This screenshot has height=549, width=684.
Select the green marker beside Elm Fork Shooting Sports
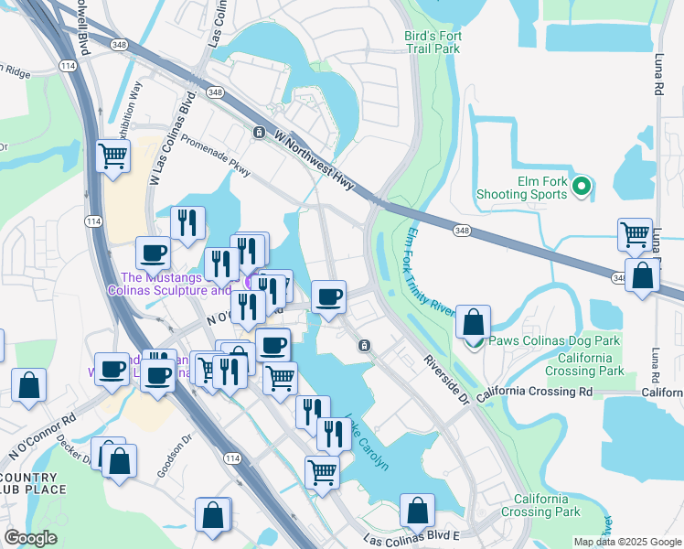[581, 186]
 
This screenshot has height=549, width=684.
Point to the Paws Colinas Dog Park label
[553, 340]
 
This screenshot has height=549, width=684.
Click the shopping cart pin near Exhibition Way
[113, 156]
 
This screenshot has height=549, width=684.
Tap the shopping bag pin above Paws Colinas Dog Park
[473, 322]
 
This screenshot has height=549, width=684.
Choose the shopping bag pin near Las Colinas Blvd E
[417, 511]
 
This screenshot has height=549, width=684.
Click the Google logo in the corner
[30, 538]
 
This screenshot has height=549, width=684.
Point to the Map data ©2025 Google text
[626, 543]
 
